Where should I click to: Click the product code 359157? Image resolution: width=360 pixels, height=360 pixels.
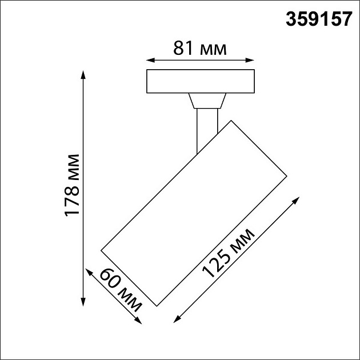(318, 20)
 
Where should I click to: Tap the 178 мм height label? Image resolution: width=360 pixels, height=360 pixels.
(73, 185)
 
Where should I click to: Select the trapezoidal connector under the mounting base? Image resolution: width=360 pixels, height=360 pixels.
(206, 101)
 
